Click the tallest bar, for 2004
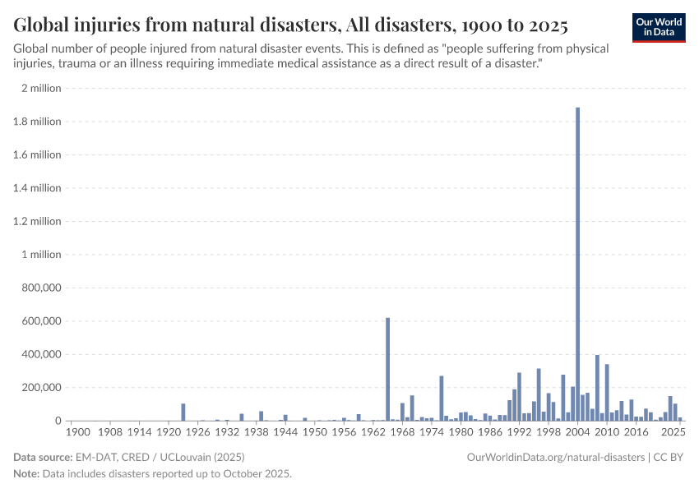(x=578, y=263)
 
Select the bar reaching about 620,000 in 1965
(x=388, y=369)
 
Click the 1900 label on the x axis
(x=77, y=431)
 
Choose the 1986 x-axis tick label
(x=490, y=431)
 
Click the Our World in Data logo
(x=659, y=26)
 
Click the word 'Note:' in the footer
(x=28, y=474)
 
